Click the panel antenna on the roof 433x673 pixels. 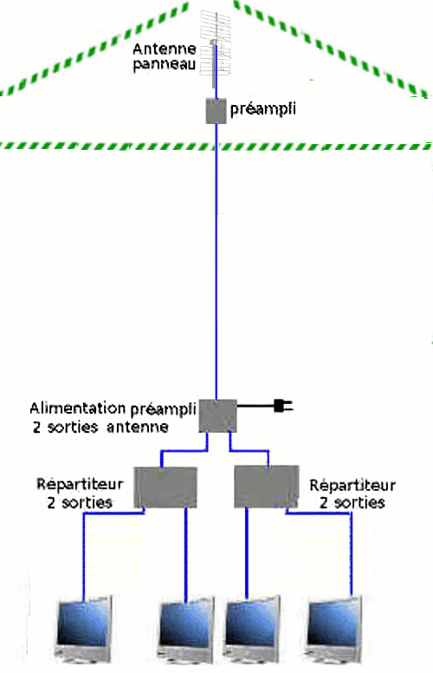coord(216,47)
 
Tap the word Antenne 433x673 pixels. coord(165,49)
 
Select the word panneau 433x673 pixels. coord(165,64)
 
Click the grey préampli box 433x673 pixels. coord(216,111)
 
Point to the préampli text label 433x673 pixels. coord(262,109)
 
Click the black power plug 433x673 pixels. coord(283,406)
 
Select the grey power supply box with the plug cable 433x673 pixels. coord(217,415)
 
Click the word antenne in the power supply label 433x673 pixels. coord(137,428)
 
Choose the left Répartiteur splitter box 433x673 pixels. coord(165,487)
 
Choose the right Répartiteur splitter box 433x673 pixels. coord(266,487)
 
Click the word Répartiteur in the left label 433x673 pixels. coord(80,485)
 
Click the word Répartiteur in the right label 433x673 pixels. coord(352,486)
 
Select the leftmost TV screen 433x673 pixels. coord(85,628)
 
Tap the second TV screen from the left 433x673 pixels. coord(186,629)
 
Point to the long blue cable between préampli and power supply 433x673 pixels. coord(216,262)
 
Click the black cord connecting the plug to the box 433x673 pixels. coord(255,406)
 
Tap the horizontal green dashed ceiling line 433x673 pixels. coord(216,147)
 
